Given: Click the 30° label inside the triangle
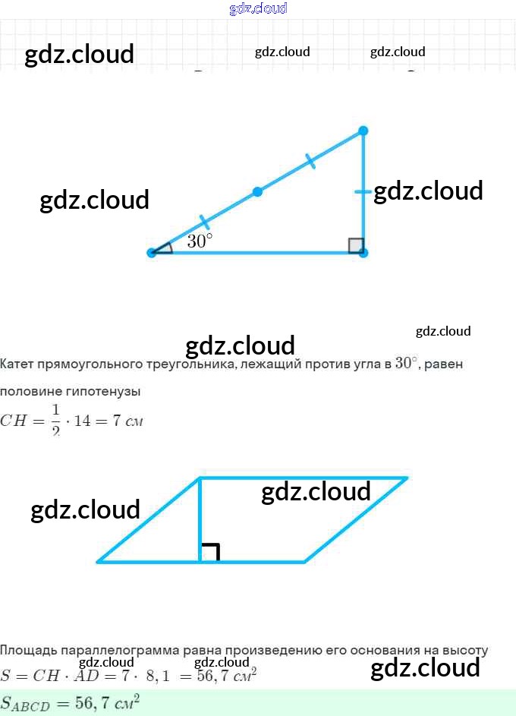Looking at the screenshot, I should [200, 241].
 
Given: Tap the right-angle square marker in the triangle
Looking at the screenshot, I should [355, 245].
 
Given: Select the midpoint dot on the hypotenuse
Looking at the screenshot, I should [257, 192].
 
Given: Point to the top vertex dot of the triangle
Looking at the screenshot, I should [363, 131].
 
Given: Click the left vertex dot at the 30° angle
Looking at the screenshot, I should [152, 253].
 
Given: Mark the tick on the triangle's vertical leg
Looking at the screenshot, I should [363, 192].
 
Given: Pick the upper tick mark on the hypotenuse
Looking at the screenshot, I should [310, 161].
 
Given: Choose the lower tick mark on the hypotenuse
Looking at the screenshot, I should [204, 222].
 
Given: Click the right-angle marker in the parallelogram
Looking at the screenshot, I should [210, 552].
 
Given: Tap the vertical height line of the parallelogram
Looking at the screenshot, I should [200, 519].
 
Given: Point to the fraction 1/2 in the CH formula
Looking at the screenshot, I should [55, 420].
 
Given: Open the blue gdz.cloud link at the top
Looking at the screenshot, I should [258, 8].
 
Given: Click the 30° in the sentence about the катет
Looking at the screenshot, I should [407, 363].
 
